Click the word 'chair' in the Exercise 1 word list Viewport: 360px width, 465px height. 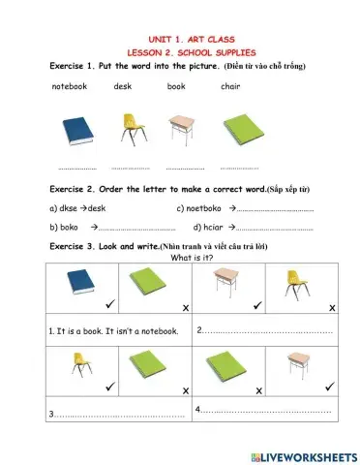[230, 86]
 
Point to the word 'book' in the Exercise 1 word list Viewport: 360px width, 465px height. [176, 86]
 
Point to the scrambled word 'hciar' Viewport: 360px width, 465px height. [209, 228]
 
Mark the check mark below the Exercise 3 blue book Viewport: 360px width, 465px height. [109, 306]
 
